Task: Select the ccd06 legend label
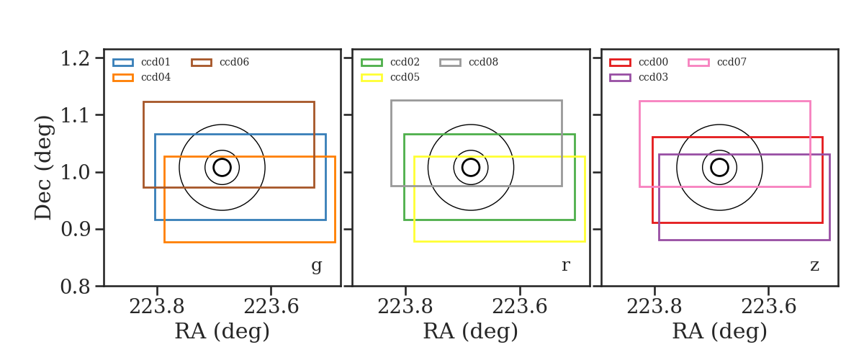coord(234,62)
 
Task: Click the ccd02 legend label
coord(405,62)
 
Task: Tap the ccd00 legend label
coord(654,62)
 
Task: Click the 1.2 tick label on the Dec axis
coord(75,58)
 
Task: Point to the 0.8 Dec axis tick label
coord(75,287)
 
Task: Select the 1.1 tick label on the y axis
coord(75,115)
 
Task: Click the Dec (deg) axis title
coord(42,168)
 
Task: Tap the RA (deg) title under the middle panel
coord(471,332)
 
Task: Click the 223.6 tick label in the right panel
coord(769,307)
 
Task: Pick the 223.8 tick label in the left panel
coord(157,307)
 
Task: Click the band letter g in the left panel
coord(316,266)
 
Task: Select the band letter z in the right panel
coord(814,266)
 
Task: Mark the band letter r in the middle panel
coord(565,266)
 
